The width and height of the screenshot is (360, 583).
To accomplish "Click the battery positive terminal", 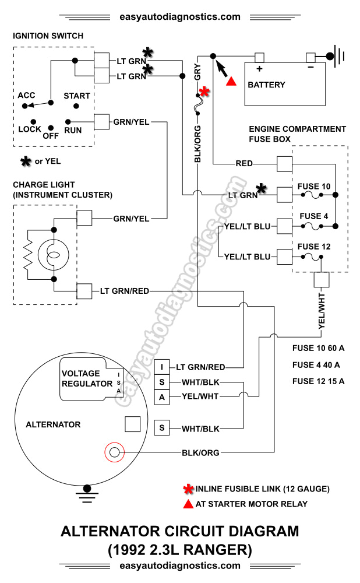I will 259,57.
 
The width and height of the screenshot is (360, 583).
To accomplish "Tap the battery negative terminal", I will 310,57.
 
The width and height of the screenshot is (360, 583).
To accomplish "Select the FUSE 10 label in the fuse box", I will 314,187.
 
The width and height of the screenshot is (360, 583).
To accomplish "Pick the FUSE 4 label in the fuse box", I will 314,216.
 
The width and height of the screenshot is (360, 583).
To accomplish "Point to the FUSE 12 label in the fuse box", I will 314,247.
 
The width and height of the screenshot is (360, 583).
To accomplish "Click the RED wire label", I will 244,164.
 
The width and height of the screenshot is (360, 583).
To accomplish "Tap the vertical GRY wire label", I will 198,72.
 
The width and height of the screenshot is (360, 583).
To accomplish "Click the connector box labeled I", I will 162,367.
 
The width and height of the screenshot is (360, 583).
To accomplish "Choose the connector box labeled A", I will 162,398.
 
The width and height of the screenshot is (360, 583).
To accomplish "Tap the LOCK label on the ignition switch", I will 30,129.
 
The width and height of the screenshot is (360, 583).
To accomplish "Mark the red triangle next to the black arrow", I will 231,82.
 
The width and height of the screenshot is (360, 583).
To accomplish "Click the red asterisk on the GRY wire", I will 204,92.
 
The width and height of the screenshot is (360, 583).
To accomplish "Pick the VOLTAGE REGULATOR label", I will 87,378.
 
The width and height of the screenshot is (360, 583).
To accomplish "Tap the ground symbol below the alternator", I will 87,493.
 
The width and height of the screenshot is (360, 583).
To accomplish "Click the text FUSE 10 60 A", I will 318,349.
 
